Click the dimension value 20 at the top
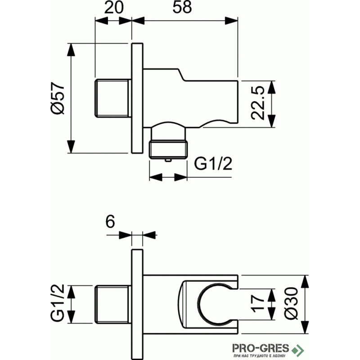[114, 7]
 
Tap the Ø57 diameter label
[58, 98]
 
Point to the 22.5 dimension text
[258, 103]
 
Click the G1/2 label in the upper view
[213, 163]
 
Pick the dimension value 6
[110, 221]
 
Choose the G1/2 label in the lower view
[58, 303]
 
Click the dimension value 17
[258, 304]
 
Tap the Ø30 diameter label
[291, 303]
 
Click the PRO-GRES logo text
[261, 348]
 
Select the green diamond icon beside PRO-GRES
[298, 351]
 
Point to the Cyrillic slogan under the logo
[259, 356]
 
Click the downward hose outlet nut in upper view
[168, 149]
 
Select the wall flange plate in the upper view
[137, 98]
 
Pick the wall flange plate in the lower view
[137, 304]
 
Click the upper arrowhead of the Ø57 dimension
[71, 49]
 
